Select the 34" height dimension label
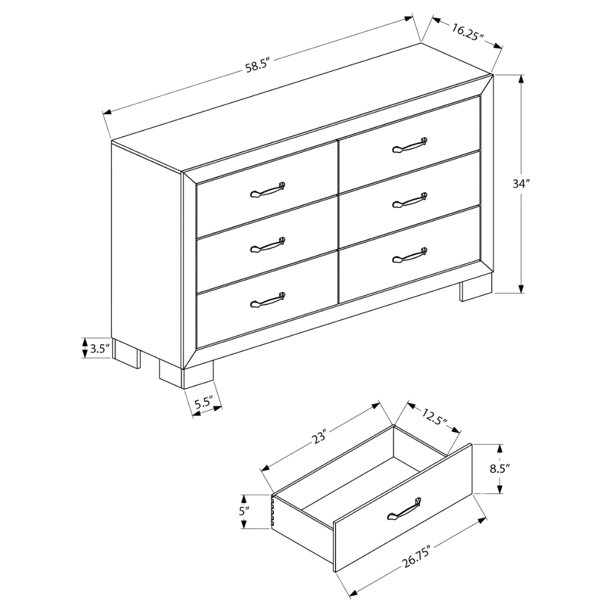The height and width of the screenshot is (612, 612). pyautogui.click(x=520, y=184)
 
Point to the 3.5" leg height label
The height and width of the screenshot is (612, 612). pyautogui.click(x=99, y=348)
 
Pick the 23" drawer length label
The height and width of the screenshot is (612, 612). pyautogui.click(x=318, y=437)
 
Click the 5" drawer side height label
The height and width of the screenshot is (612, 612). pyautogui.click(x=244, y=511)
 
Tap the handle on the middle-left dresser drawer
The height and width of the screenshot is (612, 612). pyautogui.click(x=267, y=245)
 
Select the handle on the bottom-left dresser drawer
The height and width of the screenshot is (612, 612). pyautogui.click(x=267, y=300)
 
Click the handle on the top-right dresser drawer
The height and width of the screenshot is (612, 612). pyautogui.click(x=409, y=145)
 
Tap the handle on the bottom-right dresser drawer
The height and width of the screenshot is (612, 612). pyautogui.click(x=409, y=254)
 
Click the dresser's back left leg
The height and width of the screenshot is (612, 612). pyautogui.click(x=126, y=355)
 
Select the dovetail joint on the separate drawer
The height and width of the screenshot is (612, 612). pyautogui.click(x=274, y=513)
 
